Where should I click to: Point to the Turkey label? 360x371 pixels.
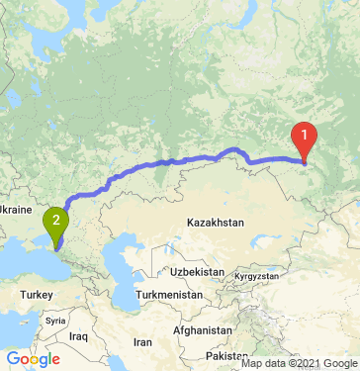point(41,295)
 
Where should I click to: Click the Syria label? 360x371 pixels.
point(55,321)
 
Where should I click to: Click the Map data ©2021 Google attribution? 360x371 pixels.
point(307,363)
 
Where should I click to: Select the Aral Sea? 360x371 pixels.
point(166,242)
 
